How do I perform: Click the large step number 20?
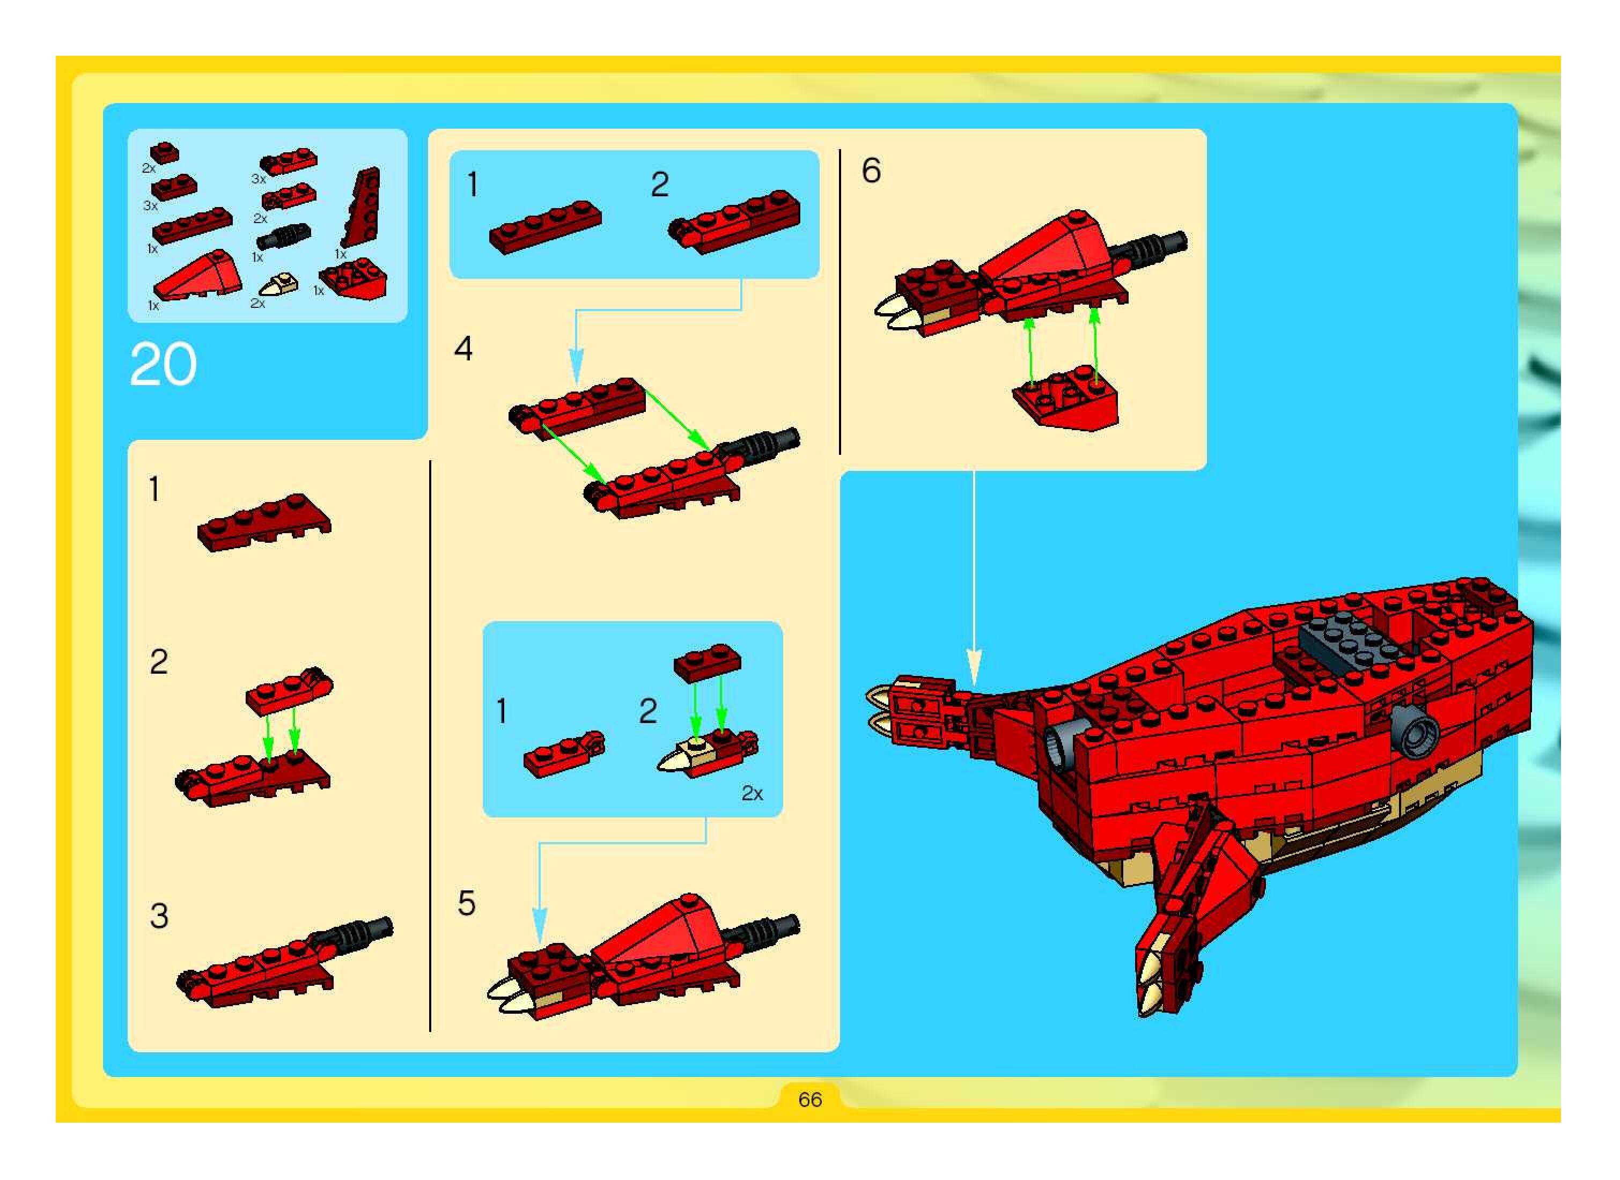click(163, 364)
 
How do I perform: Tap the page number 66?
click(810, 1100)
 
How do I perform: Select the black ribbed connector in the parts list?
click(284, 235)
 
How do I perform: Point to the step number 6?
click(872, 171)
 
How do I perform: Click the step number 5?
click(467, 904)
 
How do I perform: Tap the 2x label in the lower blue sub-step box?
click(752, 794)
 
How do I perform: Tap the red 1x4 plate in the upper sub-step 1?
click(546, 227)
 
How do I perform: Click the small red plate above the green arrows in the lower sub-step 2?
click(707, 662)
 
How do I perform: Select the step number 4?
click(463, 349)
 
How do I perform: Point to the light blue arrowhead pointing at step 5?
click(540, 925)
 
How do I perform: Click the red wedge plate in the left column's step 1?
click(264, 523)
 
